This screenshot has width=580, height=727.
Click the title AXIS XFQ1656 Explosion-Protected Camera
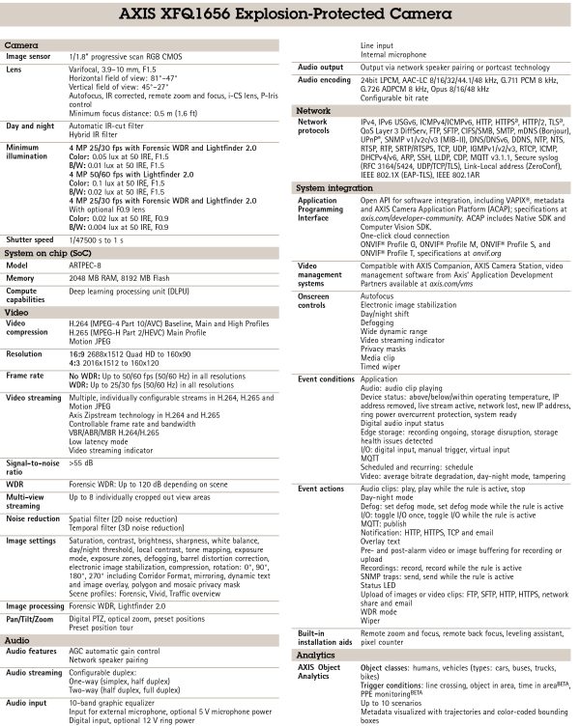pos(289,16)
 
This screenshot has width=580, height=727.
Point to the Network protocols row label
pos(313,128)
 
